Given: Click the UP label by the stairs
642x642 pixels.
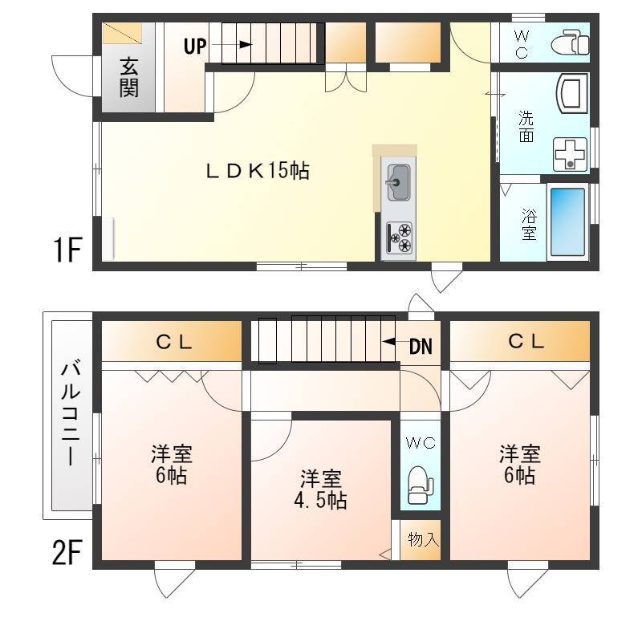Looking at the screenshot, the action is [195, 46].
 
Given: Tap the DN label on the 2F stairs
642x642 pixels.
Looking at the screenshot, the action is [421, 347].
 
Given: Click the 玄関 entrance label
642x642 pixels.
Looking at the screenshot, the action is [129, 78].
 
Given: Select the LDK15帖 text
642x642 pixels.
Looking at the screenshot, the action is [257, 171].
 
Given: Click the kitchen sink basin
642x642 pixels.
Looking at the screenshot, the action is [398, 183].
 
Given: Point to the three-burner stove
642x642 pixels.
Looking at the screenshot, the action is [398, 238].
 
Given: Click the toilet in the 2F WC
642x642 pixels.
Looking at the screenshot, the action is [421, 485].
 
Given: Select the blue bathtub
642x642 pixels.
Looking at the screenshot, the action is [567, 222].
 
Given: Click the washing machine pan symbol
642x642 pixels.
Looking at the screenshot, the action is [570, 154].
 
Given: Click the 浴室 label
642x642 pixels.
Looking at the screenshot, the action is [529, 225].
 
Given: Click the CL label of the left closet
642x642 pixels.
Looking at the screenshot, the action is [174, 342].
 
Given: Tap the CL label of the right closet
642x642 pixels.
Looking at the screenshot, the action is [526, 341].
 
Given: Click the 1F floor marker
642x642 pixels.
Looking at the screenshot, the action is [67, 250].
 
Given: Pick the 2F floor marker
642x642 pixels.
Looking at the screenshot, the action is [67, 553].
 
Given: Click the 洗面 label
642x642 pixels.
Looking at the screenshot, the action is [526, 127].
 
